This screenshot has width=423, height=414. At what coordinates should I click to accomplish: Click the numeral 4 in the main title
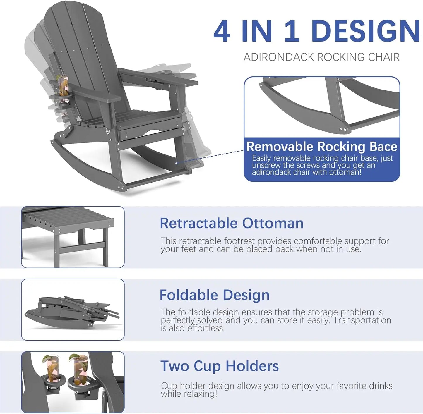click(x=222, y=31)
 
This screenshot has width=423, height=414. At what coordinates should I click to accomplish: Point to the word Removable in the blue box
click(x=280, y=146)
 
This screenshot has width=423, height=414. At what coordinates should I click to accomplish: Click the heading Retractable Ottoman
click(x=232, y=223)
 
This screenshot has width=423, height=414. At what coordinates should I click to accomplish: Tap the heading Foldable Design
click(x=215, y=295)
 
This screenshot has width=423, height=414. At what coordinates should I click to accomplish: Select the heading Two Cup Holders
click(x=220, y=366)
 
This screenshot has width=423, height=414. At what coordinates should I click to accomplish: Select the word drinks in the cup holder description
click(x=381, y=386)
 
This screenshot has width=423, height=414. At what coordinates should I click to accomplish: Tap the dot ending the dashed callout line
click(x=176, y=163)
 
